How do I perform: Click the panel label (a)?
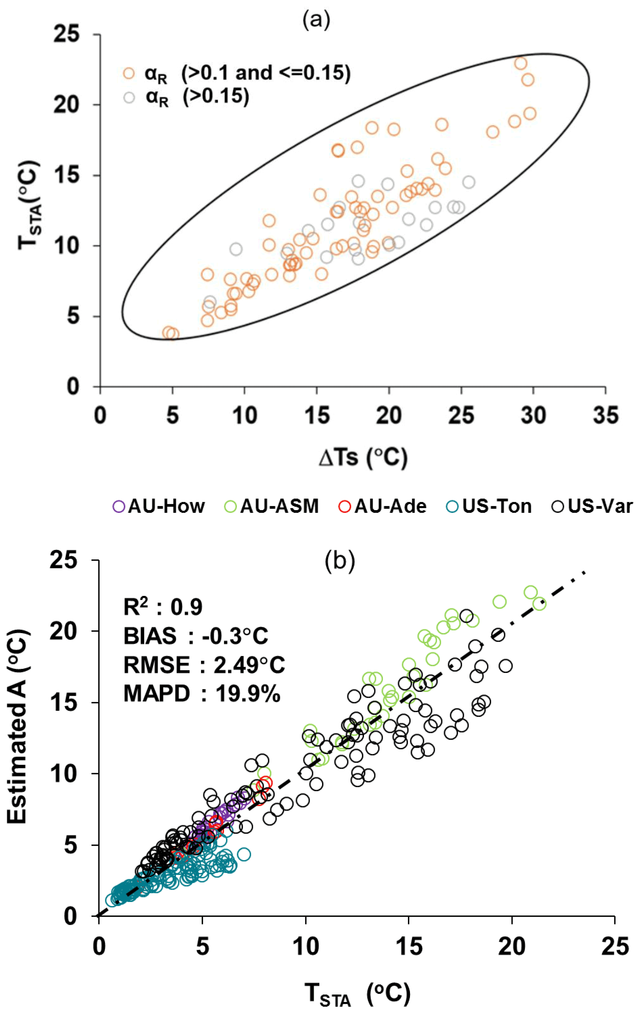[317, 20]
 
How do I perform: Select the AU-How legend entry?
[159, 506]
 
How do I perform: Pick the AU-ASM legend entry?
[271, 506]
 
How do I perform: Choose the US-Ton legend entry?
[489, 506]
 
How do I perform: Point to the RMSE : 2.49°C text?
[204, 665]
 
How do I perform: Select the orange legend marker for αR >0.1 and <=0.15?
[129, 74]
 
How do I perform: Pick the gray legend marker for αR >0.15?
[129, 97]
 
